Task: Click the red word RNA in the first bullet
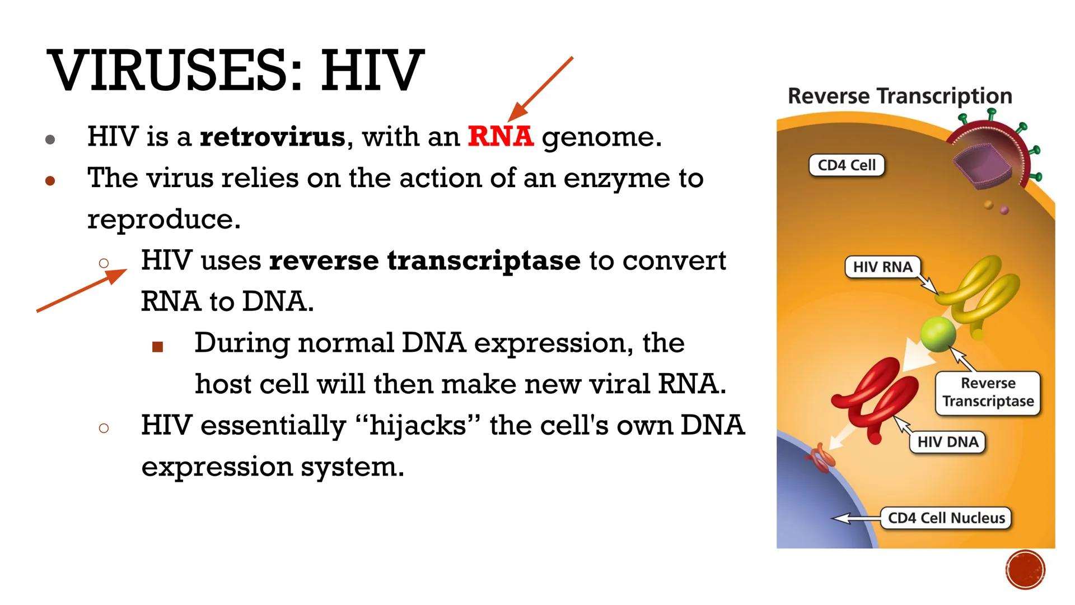pos(501,137)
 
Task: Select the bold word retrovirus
pos(273,137)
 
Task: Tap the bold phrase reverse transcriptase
pos(425,260)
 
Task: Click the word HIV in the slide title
pos(372,71)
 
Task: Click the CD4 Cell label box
pos(847,165)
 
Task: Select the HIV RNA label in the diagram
pos(882,267)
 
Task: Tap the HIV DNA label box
pos(947,442)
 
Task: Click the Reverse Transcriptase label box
pos(988,392)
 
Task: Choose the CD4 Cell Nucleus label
pos(946,518)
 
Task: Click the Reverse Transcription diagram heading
pos(900,96)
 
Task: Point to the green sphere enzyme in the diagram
pos(938,334)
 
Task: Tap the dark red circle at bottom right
pos(1025,570)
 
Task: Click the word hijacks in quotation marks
pos(418,426)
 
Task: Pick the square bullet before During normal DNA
pos(157,347)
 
